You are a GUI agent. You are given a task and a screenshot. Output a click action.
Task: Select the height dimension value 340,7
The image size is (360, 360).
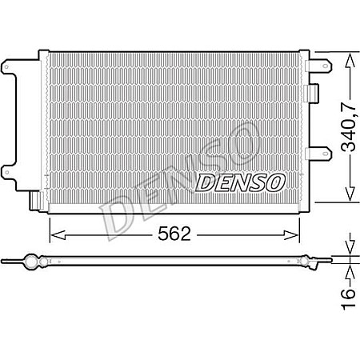(349, 126)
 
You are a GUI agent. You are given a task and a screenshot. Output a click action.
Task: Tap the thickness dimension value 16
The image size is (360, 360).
(349, 294)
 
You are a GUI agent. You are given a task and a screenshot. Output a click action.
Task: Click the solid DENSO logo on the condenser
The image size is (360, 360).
(240, 182)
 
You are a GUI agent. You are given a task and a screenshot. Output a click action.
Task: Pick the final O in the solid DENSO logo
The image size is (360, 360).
(274, 182)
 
